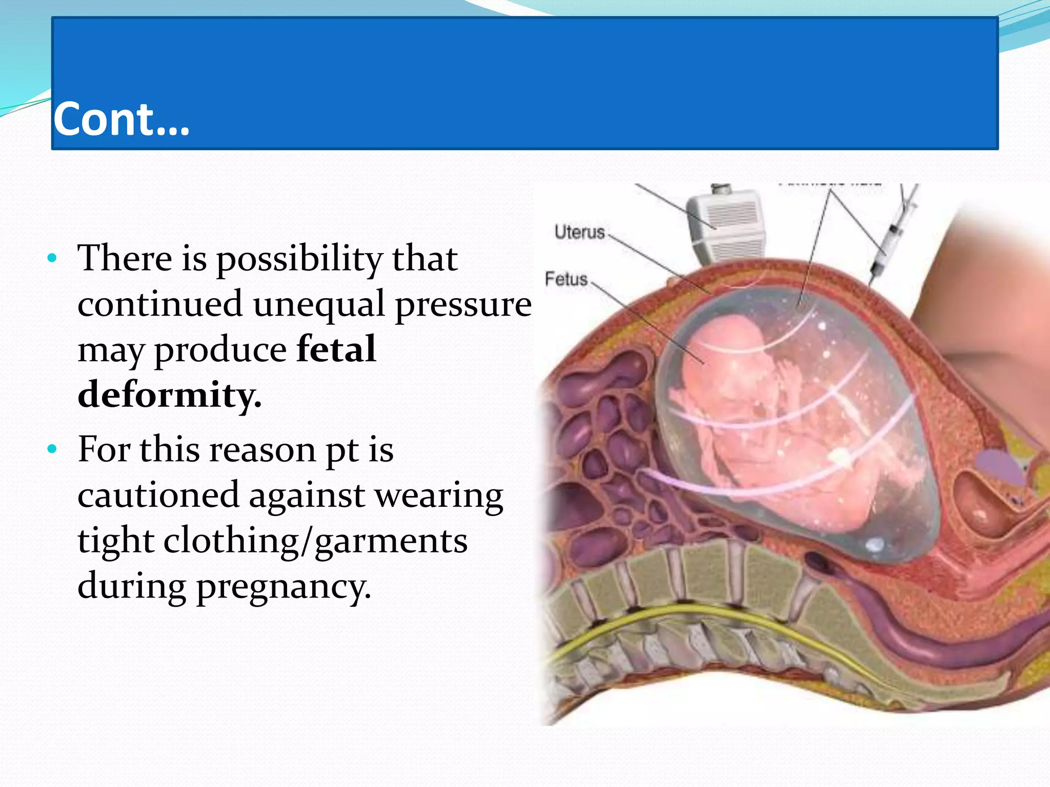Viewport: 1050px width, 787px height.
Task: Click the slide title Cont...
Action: click(x=121, y=119)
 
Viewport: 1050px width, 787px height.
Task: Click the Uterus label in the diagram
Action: click(x=579, y=232)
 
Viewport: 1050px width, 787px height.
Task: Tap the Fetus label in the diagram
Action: click(x=566, y=279)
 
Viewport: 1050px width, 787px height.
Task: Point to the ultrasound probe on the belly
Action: click(x=726, y=225)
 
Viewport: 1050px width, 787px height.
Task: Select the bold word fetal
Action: click(x=336, y=349)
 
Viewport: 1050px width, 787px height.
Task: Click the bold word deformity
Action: click(x=169, y=395)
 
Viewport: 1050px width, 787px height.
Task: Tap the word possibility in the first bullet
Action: click(x=299, y=259)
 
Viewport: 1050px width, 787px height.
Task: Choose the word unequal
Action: click(x=318, y=304)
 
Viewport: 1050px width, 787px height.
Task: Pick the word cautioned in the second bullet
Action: click(x=158, y=495)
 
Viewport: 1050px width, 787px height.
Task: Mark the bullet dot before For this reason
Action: click(x=51, y=449)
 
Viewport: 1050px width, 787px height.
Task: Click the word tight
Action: click(x=116, y=541)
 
